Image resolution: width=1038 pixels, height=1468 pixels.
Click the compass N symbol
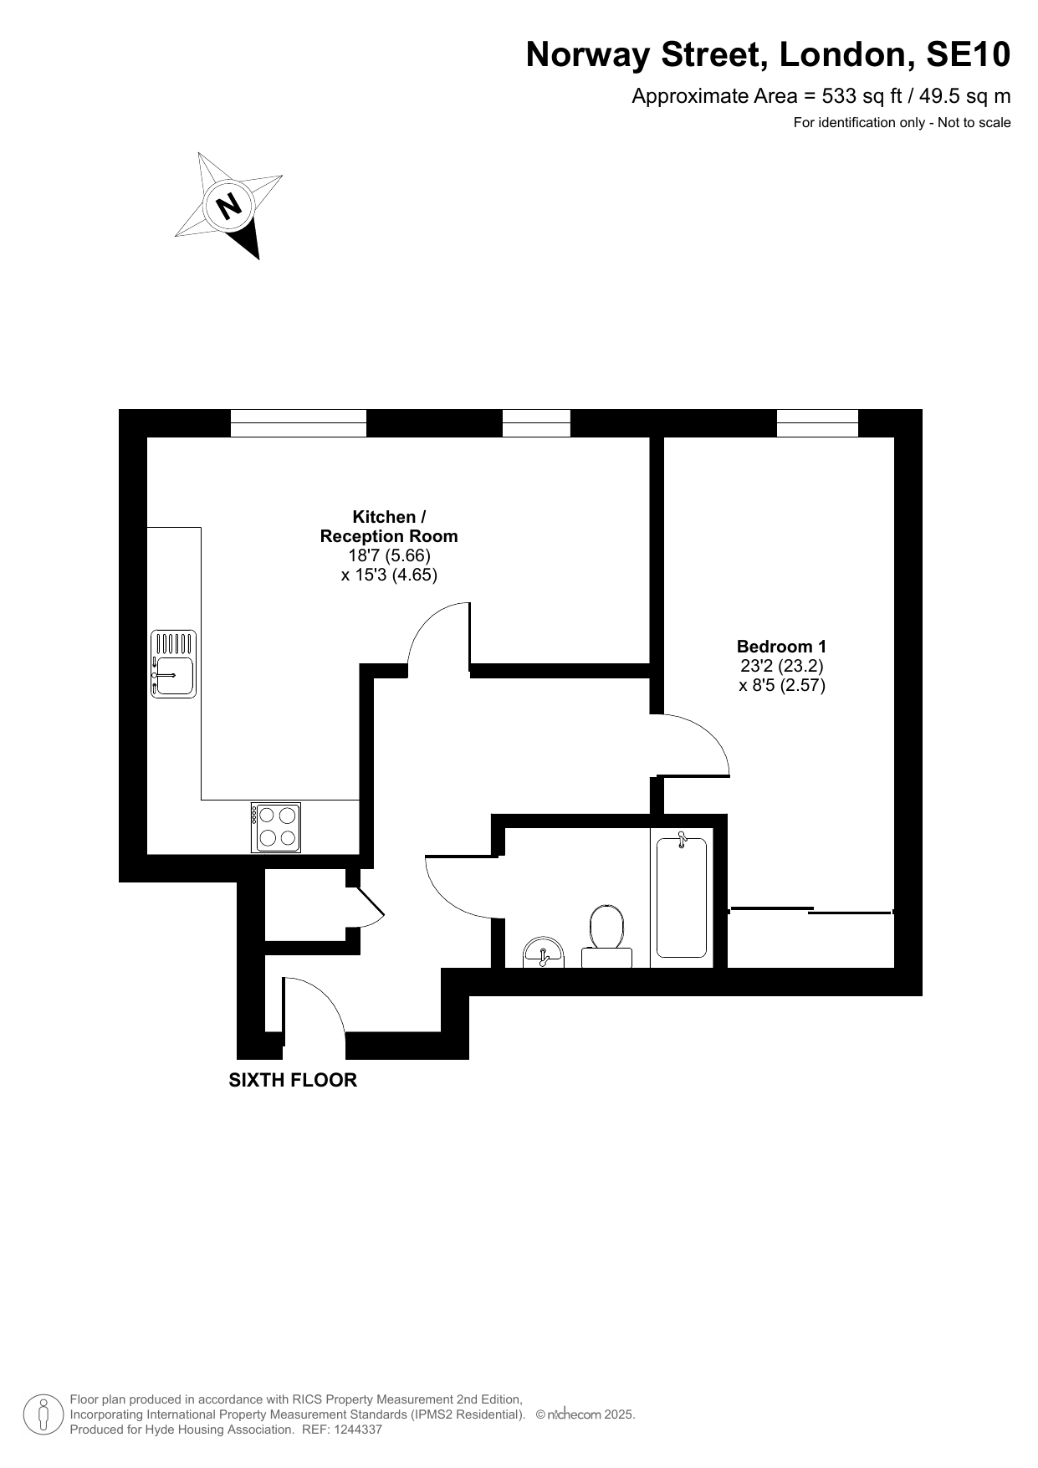click(x=228, y=205)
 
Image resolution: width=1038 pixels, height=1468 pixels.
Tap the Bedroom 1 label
click(x=781, y=647)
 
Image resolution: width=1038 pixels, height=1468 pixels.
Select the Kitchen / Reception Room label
click(x=389, y=527)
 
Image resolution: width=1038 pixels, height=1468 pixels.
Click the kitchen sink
click(x=173, y=664)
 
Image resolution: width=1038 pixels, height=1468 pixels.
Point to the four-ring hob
click(x=276, y=827)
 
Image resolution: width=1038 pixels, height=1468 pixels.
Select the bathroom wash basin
click(x=544, y=953)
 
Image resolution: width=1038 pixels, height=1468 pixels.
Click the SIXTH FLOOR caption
click(x=293, y=1080)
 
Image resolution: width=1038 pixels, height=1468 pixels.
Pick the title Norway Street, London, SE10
click(x=768, y=55)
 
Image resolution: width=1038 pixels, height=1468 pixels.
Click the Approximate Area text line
click(x=821, y=96)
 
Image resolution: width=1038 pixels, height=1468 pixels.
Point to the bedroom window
click(x=817, y=423)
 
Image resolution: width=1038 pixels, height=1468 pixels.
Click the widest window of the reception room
click(x=299, y=423)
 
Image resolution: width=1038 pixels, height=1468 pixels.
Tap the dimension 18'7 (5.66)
click(x=389, y=555)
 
